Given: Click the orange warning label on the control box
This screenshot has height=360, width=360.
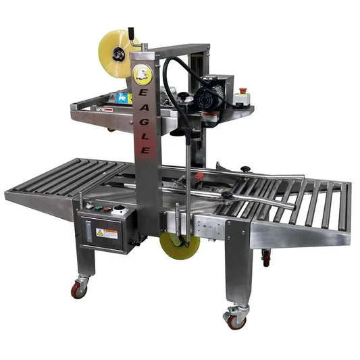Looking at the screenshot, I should [107, 233].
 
